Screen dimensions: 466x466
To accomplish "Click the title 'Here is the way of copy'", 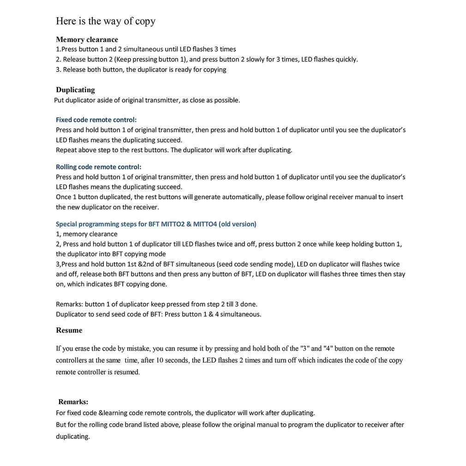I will coord(106,21).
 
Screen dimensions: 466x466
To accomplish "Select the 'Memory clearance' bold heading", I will coord(87,40).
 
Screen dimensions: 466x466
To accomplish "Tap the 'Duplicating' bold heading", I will coord(75,90).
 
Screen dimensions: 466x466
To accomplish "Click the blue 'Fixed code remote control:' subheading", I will coord(96,120).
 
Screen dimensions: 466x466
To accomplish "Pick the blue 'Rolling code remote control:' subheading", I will coord(98,167).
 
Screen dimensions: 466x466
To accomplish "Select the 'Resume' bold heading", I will coord(69,330).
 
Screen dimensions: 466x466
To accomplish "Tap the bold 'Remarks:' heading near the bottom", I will coord(73,402).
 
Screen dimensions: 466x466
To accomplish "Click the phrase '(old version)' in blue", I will coord(238,224).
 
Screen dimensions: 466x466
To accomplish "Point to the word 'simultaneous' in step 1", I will coord(138,49).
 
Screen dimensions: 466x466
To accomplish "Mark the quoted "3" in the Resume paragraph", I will coord(305,349).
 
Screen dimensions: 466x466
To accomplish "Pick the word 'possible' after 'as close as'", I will coord(227,100).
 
